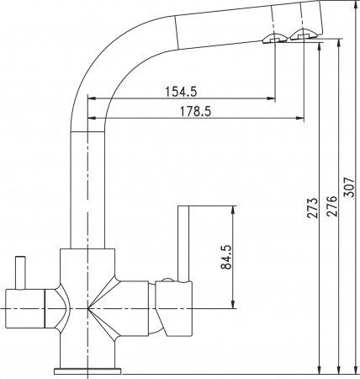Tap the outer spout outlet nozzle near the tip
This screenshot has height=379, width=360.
point(303,34)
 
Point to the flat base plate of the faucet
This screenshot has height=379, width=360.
point(87,370)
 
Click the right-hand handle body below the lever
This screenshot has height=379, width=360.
point(175,307)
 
